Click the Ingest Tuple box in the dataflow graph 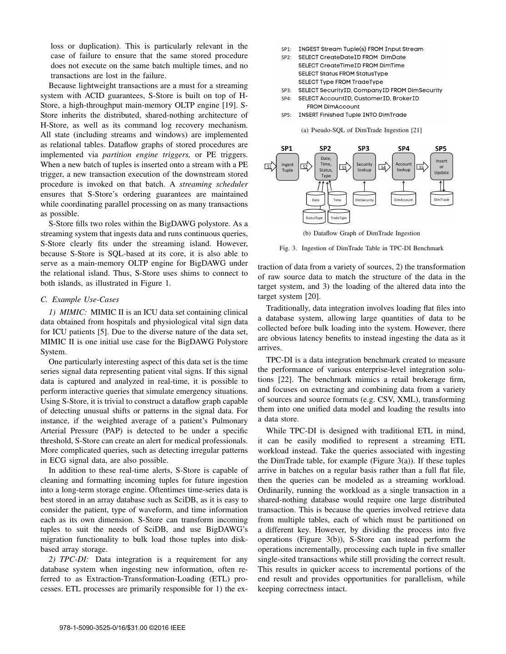pos(287,167)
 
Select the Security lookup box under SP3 pos(364,167)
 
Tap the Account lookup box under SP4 pos(403,167)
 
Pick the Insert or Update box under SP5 pos(441,167)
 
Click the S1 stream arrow pos(270,167)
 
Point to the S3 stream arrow pos(345,167)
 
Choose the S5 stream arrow pos(421,167)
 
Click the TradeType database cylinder pos(338,218)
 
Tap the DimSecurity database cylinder pos(364,199)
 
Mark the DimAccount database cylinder pos(403,199)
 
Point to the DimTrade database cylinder pos(441,199)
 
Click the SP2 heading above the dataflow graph pos(325,149)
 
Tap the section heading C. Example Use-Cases pos(80,300)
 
